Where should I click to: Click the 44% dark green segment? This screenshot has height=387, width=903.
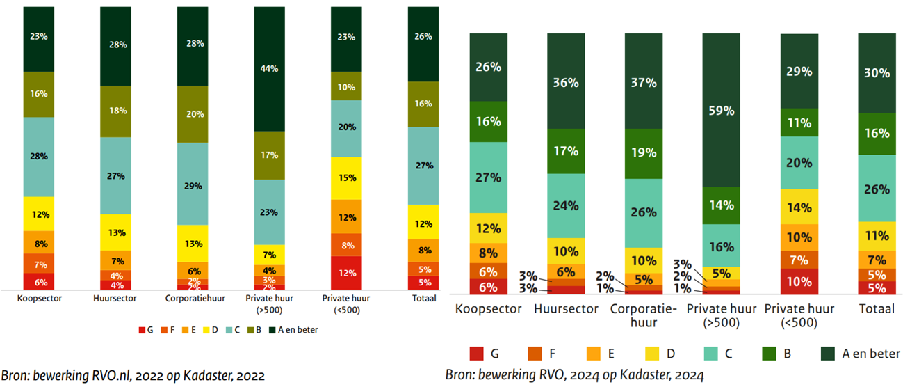click(269, 69)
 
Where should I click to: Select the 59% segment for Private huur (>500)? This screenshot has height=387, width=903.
click(721, 110)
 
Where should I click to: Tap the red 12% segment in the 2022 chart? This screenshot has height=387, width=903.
click(345, 272)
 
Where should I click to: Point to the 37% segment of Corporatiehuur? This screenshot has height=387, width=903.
click(643, 83)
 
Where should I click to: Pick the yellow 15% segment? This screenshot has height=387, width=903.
click(345, 178)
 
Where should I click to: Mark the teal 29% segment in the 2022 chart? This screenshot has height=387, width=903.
click(193, 185)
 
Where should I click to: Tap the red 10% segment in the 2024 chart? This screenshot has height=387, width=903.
click(799, 282)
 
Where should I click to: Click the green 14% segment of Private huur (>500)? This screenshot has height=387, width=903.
click(721, 205)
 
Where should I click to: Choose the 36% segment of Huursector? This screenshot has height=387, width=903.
click(565, 83)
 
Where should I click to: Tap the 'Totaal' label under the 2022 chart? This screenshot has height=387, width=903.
click(423, 299)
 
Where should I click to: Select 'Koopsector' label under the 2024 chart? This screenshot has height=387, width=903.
click(488, 308)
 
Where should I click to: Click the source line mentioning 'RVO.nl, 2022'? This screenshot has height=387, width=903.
click(133, 375)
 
